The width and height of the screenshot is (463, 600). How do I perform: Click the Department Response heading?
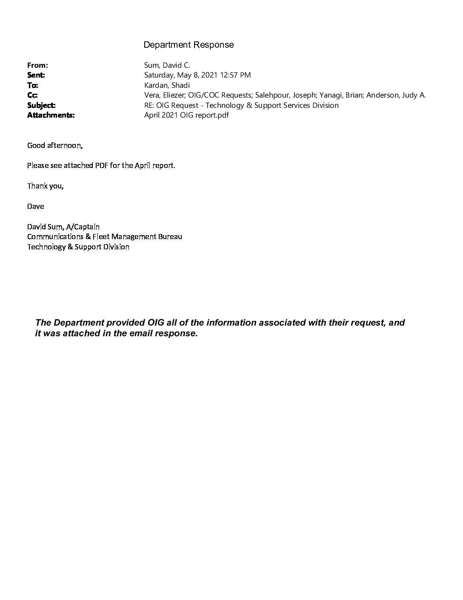(189, 45)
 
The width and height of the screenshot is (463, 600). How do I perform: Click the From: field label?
(37, 65)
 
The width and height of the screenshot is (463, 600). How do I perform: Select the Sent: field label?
(36, 75)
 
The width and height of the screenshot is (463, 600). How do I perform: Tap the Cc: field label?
(32, 95)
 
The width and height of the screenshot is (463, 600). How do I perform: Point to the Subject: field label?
(41, 105)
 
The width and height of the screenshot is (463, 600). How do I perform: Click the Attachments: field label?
(51, 115)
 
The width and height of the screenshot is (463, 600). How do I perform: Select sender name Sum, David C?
(167, 65)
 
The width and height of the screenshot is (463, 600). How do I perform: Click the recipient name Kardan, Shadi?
(167, 85)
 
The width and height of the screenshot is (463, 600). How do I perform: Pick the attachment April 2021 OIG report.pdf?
(186, 115)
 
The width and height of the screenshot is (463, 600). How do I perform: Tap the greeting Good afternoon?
(55, 145)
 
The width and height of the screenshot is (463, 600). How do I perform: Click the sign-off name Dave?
(35, 206)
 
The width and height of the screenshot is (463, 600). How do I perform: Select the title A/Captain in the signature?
(83, 227)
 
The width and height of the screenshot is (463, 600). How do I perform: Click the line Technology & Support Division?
(78, 247)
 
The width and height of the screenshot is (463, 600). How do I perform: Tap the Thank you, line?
(46, 186)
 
